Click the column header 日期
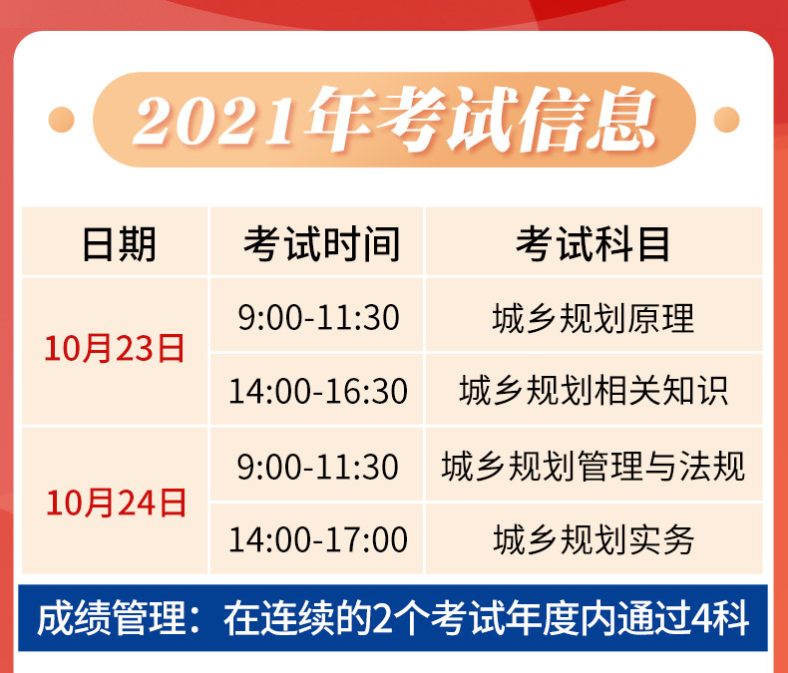pyautogui.click(x=119, y=244)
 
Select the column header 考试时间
pyautogui.click(x=321, y=244)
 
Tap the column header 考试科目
pyautogui.click(x=593, y=244)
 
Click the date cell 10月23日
pyautogui.click(x=115, y=348)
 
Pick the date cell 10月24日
pyautogui.click(x=116, y=503)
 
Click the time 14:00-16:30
pyautogui.click(x=317, y=391)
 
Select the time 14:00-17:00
pyautogui.click(x=317, y=539)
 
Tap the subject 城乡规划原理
pyautogui.click(x=593, y=318)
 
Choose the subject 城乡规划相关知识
pyautogui.click(x=593, y=391)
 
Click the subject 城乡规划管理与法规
pyautogui.click(x=593, y=466)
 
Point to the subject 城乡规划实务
pyautogui.click(x=593, y=539)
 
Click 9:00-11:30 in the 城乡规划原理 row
pyautogui.click(x=318, y=317)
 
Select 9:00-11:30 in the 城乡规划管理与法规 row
pyautogui.click(x=317, y=467)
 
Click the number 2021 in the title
pyautogui.click(x=212, y=121)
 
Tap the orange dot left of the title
pyautogui.click(x=61, y=120)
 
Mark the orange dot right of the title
pyautogui.click(x=727, y=120)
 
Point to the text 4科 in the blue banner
pyautogui.click(x=720, y=618)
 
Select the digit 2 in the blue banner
pyautogui.click(x=382, y=619)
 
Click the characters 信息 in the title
pyautogui.click(x=588, y=120)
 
